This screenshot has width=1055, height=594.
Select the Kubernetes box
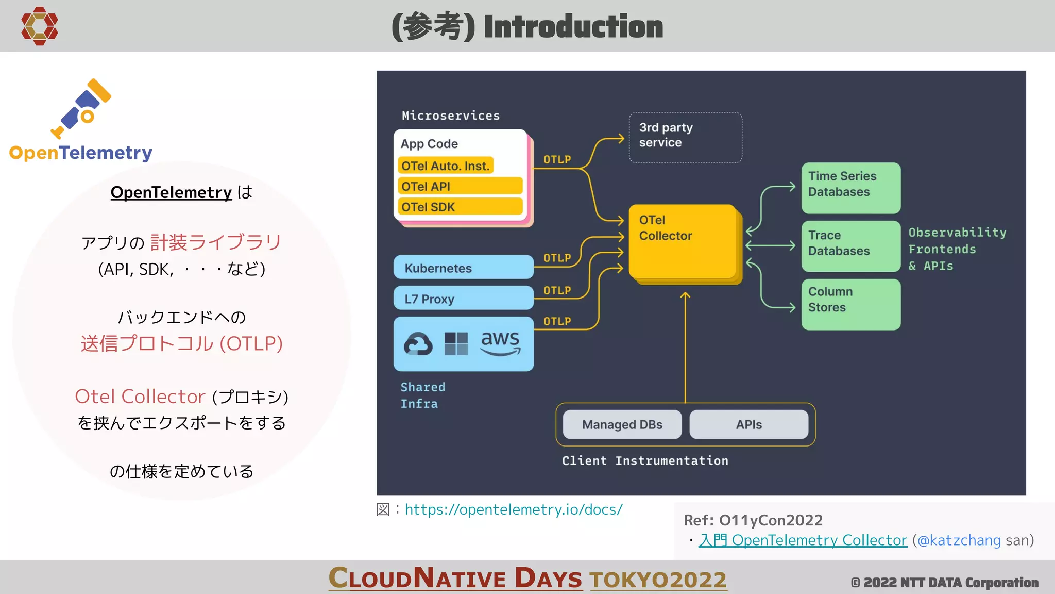tap(463, 268)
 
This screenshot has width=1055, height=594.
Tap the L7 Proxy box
tap(463, 299)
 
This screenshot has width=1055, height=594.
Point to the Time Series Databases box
tap(850, 188)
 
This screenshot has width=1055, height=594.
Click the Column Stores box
tap(850, 304)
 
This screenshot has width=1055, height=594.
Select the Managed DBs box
tap(622, 424)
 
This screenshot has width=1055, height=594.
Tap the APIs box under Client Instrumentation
tap(748, 424)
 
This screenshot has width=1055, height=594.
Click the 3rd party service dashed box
tap(685, 138)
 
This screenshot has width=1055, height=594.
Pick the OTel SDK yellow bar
tap(460, 207)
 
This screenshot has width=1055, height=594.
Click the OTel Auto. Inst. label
tap(446, 166)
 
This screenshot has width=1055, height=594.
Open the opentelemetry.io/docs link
tap(514, 509)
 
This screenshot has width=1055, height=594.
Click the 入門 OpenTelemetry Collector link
tap(803, 540)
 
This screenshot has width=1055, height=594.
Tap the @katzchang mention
tap(959, 540)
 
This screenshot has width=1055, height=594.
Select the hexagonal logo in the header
tap(39, 26)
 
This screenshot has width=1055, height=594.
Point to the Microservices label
tap(451, 115)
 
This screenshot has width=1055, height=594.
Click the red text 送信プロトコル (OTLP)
tap(181, 343)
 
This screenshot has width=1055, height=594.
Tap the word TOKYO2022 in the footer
tap(658, 580)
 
